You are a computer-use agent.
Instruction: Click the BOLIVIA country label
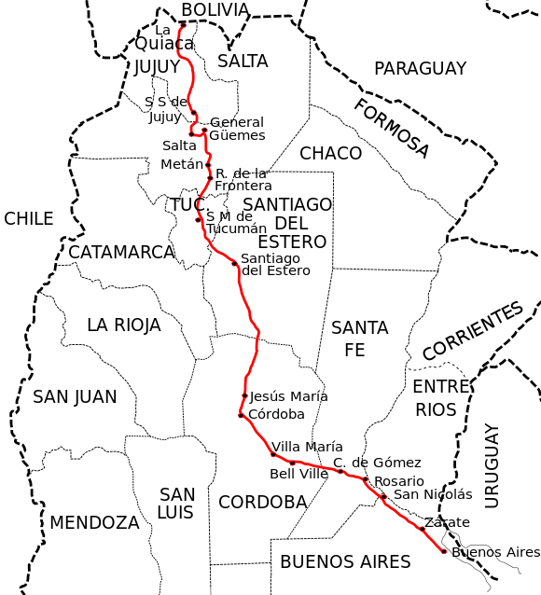[215, 10]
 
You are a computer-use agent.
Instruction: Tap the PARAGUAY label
[420, 68]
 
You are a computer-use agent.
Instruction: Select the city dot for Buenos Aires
[443, 551]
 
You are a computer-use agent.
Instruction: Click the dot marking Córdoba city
[241, 415]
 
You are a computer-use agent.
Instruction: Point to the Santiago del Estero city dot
[234, 263]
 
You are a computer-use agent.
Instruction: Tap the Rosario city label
[398, 481]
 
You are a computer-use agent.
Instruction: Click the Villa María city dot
[272, 454]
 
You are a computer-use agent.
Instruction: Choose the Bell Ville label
[298, 474]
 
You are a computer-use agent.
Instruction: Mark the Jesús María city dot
[244, 395]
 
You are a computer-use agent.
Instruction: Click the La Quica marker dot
[183, 23]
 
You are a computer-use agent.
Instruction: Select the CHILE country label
[28, 218]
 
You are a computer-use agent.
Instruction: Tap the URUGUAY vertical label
[492, 465]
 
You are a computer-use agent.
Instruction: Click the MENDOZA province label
[94, 522]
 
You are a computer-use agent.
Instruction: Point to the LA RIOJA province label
[123, 325]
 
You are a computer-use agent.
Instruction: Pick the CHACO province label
[330, 153]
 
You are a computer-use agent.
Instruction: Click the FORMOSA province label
[392, 127]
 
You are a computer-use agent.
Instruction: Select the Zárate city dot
[422, 529]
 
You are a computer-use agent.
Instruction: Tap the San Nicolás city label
[433, 494]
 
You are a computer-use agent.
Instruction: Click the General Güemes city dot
[203, 130]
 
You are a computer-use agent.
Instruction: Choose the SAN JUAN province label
[75, 396]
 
